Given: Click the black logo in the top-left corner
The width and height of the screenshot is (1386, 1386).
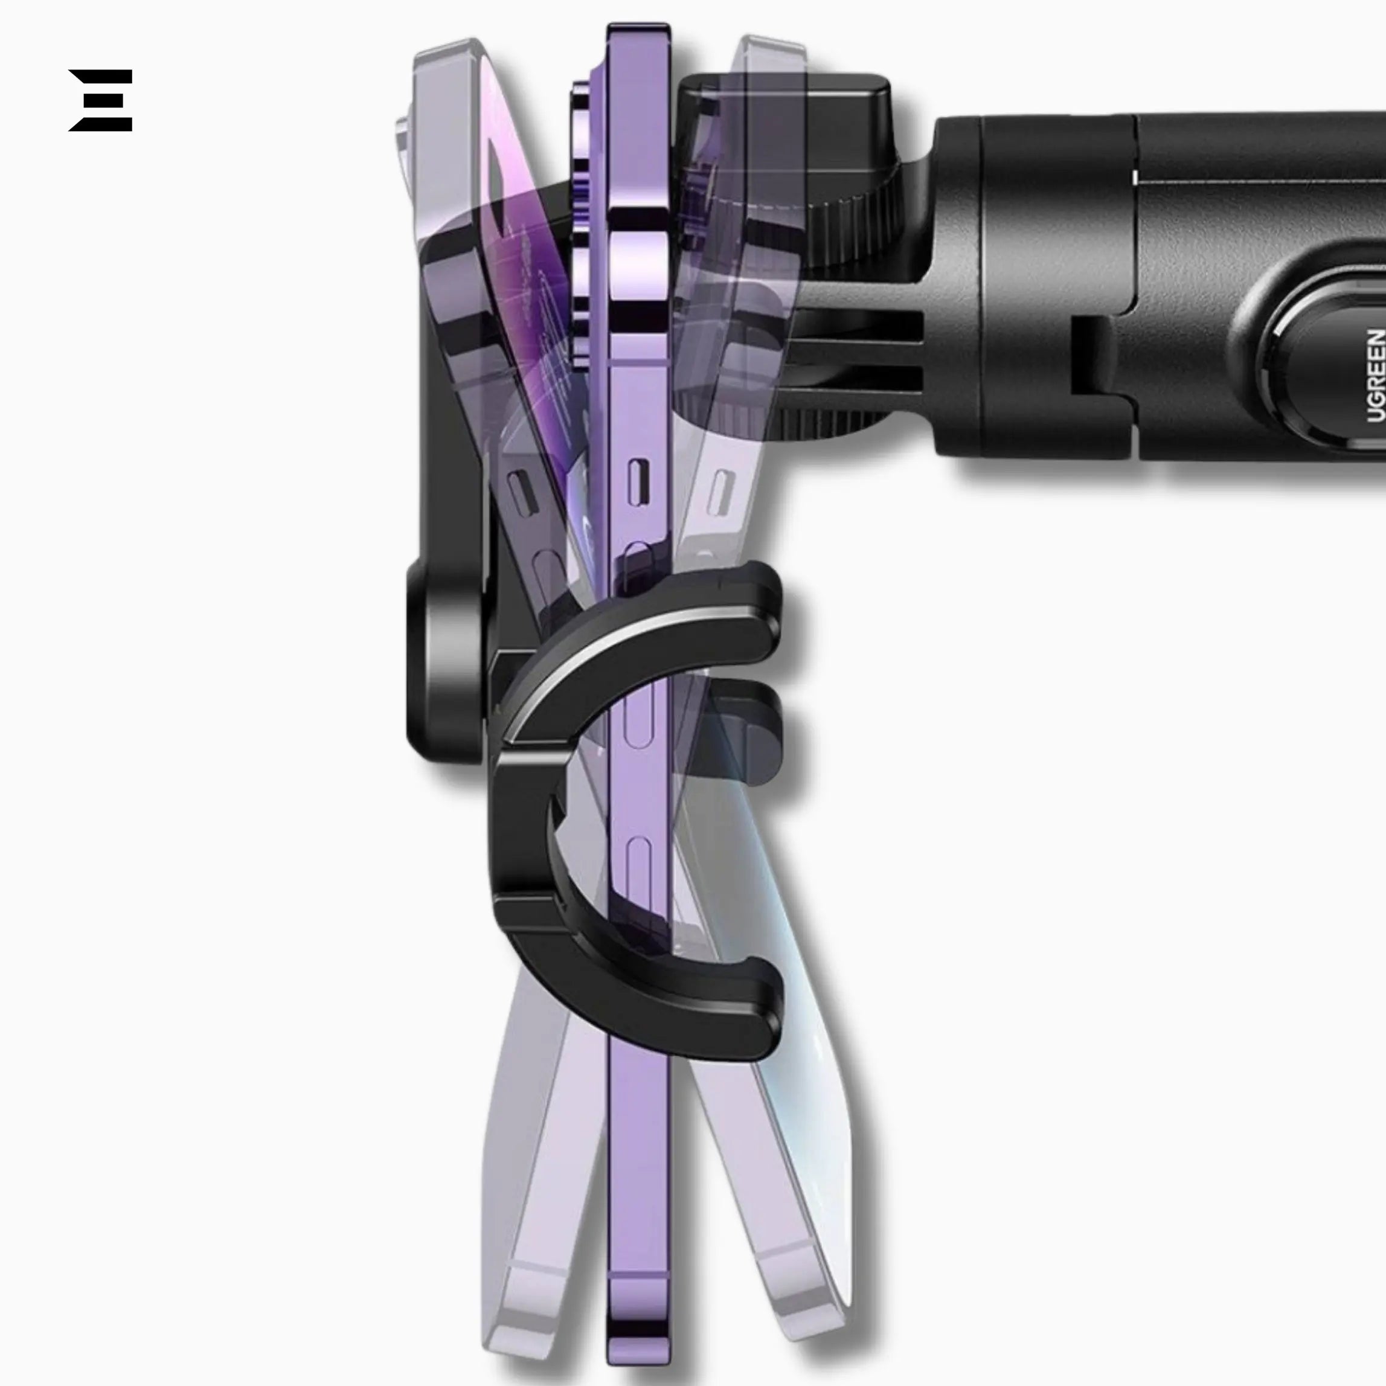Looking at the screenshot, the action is point(100,100).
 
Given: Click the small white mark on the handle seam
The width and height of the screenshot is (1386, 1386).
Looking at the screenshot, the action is point(1135,176).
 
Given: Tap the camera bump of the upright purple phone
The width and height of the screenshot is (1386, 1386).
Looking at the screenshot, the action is point(583,222).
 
